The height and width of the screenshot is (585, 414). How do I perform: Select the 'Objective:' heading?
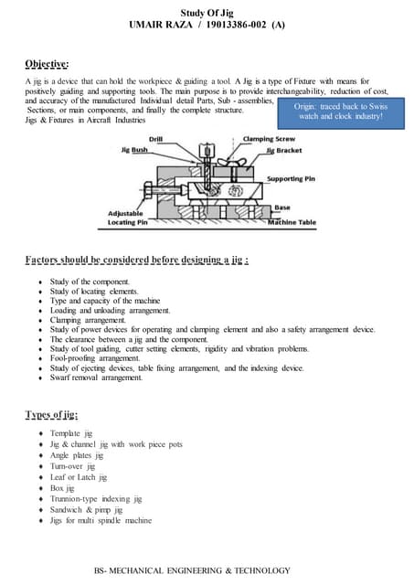coord(47,64)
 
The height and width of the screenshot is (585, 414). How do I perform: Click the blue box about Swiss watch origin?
coord(337,112)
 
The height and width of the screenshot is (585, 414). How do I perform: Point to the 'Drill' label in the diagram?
coord(154,140)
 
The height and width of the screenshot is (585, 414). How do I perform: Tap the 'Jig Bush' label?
coord(134,150)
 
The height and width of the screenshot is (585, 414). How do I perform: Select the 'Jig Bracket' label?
coord(282,150)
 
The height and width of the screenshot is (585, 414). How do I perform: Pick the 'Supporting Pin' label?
coord(292,178)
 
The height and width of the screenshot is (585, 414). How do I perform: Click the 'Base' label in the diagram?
coord(282,207)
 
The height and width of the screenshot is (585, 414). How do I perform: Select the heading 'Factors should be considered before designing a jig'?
coord(137,261)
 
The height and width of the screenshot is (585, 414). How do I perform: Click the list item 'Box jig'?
coord(67,488)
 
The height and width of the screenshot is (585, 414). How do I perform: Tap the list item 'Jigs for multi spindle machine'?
coord(101,521)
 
